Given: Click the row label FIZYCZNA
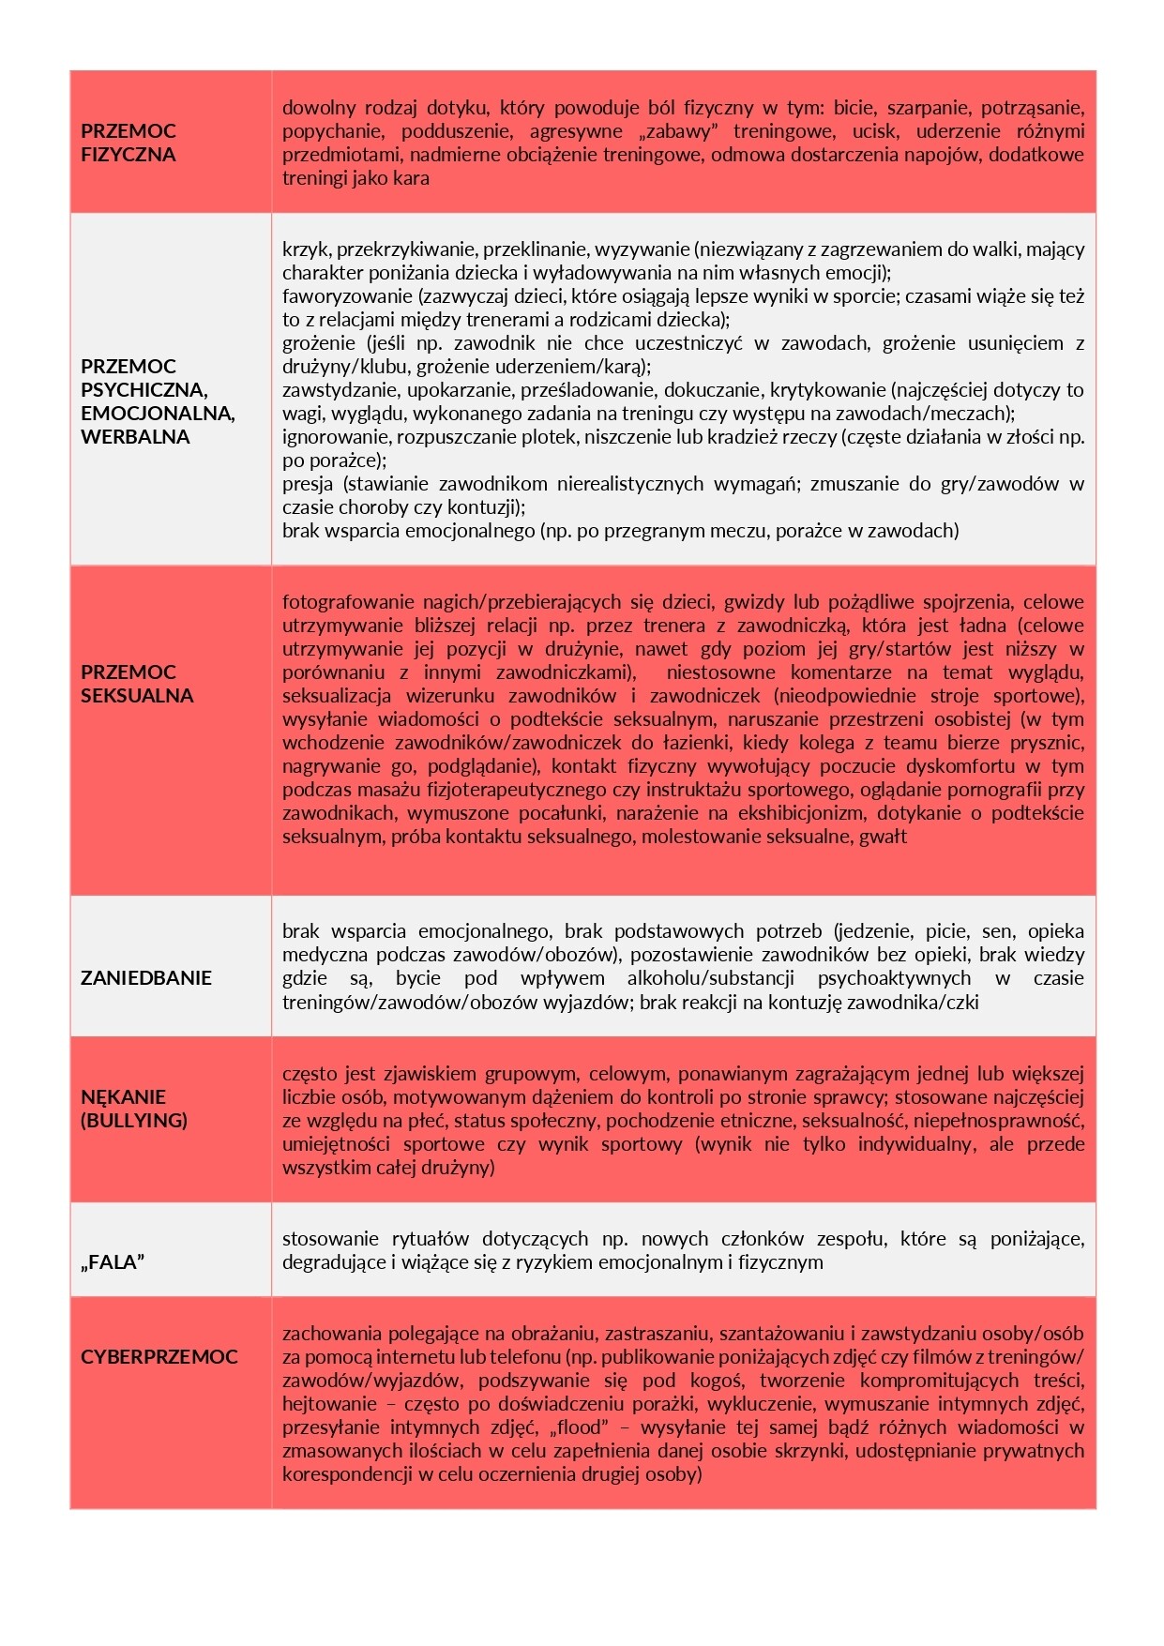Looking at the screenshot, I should [128, 155].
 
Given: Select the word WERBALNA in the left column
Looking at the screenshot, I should [135, 437].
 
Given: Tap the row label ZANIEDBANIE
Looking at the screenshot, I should [145, 978].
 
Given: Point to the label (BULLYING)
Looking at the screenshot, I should [133, 1121].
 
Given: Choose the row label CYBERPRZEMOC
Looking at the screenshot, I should [159, 1357].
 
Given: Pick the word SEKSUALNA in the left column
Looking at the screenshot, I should [137, 696].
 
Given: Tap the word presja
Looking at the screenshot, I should [308, 484].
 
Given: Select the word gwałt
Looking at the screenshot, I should [883, 837].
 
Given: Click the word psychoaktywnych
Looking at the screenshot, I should [894, 978].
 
